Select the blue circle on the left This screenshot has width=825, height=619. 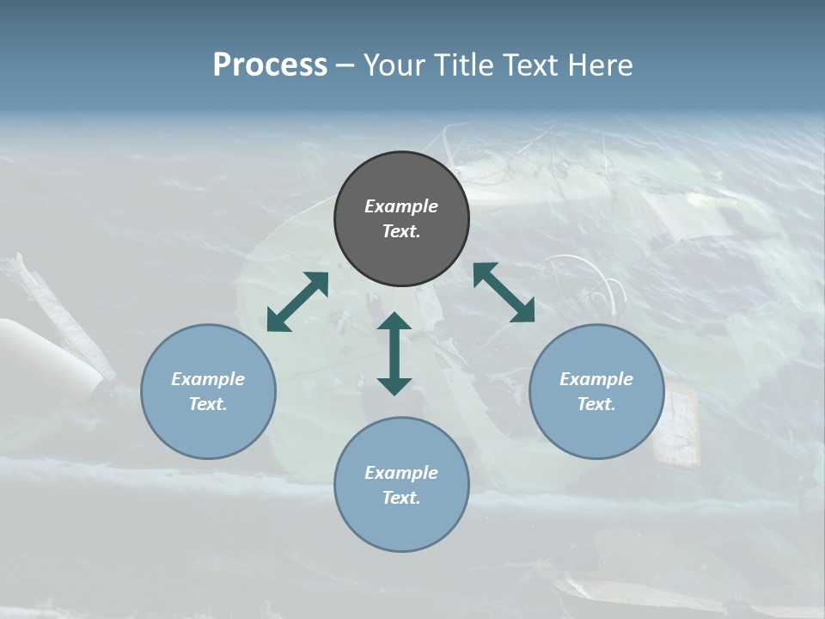208,391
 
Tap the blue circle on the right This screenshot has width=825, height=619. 596,391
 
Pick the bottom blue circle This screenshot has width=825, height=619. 401,485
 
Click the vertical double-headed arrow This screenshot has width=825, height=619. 394,353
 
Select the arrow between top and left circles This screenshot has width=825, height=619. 297,302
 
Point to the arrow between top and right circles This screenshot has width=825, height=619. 504,292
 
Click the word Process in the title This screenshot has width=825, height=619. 270,64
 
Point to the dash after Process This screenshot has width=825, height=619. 345,65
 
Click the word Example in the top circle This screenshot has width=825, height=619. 401,206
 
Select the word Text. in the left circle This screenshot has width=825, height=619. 208,404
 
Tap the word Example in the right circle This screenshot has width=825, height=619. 596,379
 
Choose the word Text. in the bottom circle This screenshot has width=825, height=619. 401,498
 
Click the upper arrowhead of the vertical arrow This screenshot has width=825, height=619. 394,322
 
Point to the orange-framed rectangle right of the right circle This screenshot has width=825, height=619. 675,423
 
